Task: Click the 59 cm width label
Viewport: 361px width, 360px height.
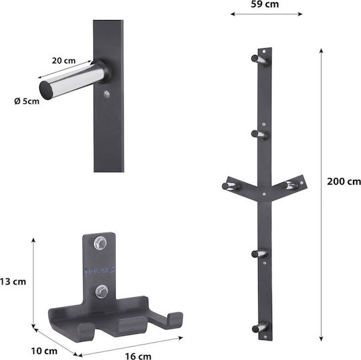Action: (x=265, y=4)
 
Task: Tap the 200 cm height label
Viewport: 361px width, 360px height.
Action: (x=344, y=181)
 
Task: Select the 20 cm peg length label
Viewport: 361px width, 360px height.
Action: (x=64, y=61)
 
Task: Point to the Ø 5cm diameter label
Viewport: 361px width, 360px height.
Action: (x=27, y=101)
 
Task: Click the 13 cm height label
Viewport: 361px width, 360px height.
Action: (x=13, y=282)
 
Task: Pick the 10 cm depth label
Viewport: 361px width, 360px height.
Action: (x=44, y=351)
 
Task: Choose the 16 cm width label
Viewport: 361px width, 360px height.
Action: (x=138, y=356)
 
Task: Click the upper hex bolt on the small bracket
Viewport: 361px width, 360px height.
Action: (x=100, y=243)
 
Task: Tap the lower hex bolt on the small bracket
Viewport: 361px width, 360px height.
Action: (x=102, y=291)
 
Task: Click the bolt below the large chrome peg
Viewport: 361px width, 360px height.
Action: (x=106, y=94)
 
